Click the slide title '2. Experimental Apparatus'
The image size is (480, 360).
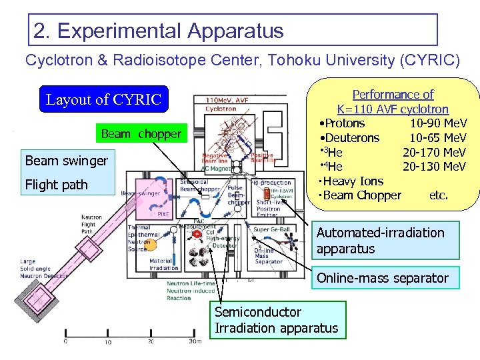[x=159, y=31]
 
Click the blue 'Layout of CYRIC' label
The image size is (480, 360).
[x=103, y=100]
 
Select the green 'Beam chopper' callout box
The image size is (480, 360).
[x=141, y=134]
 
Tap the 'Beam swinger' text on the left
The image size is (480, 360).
[x=66, y=161]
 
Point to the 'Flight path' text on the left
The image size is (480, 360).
[x=56, y=185]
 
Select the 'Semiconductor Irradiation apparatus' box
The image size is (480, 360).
[x=277, y=320]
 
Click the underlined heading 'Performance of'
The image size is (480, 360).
[x=393, y=95]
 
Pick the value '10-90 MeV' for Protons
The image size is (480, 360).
[x=438, y=123]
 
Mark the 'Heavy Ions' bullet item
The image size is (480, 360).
[x=353, y=181]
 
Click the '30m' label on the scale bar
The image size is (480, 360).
[x=194, y=342]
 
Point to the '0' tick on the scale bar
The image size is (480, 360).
[x=65, y=342]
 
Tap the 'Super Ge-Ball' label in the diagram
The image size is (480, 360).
[x=270, y=230]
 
